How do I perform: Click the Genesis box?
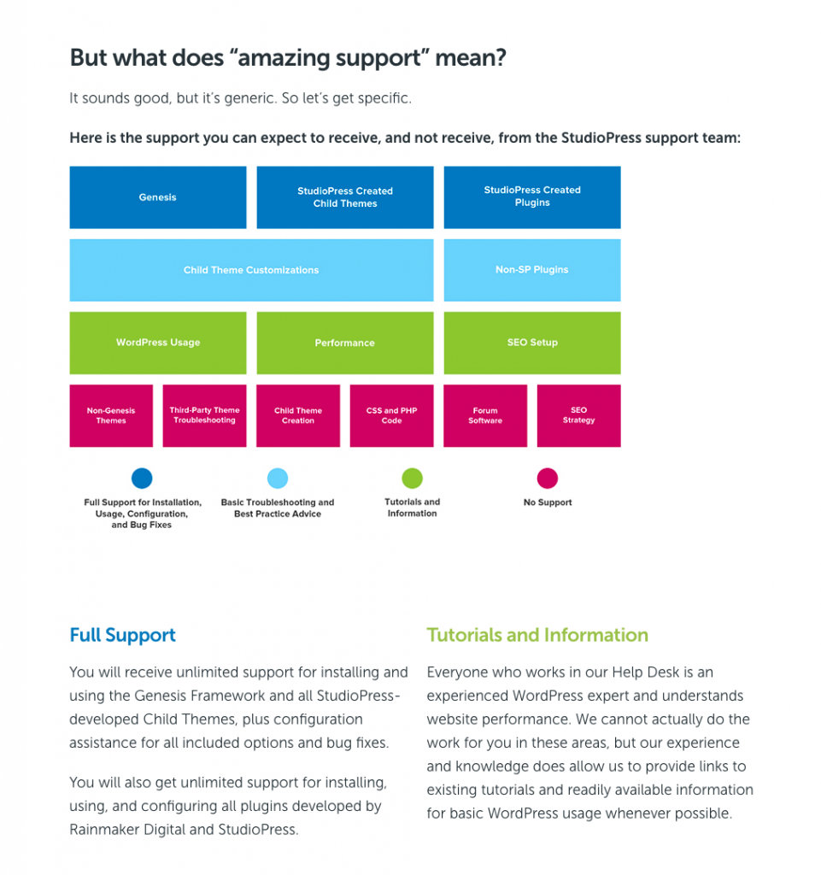tap(158, 197)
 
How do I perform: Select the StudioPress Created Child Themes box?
tap(345, 197)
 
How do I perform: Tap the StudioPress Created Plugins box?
tap(532, 197)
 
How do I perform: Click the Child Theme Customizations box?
tap(251, 270)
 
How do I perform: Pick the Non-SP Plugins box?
tap(532, 270)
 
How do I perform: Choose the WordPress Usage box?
tap(158, 343)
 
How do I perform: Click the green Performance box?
tap(345, 343)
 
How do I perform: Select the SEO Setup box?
tap(532, 343)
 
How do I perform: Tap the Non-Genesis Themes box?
tap(111, 415)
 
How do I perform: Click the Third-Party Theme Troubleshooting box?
tap(204, 415)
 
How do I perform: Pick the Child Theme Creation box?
tap(298, 415)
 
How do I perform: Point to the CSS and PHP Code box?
tap(392, 415)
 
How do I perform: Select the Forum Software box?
tap(485, 415)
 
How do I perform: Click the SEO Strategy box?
tap(579, 415)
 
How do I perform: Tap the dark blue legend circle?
tap(142, 479)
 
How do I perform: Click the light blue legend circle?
tap(278, 479)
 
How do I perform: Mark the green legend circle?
tap(412, 479)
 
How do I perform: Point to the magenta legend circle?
tap(548, 479)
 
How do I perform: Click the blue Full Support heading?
tap(123, 635)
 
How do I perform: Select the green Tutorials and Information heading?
tap(537, 635)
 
